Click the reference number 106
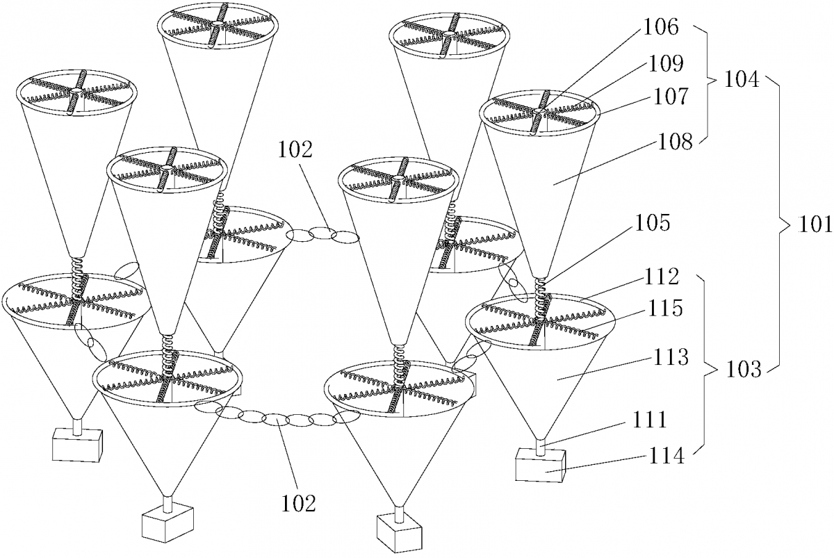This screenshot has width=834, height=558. pos(661,27)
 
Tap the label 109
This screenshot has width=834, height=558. pos(667,64)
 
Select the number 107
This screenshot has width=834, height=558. pos(669,97)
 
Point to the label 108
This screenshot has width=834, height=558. pos(675,142)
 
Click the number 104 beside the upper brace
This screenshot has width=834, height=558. pos(742,80)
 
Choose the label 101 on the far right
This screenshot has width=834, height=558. pos(815,224)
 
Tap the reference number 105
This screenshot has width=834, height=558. pos(653,222)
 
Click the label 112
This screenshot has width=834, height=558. pos(662,277)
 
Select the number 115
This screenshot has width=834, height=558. pos(665,309)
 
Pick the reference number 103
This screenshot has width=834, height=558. pos(744,370)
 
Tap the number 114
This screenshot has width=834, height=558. pos(667,456)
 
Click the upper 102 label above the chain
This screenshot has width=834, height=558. pos(295,150)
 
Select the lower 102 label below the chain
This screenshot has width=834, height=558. pos(299,504)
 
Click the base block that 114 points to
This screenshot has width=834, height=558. pos(541,466)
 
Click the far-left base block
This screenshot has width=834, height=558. pos(77,445)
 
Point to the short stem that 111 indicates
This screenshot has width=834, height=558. pos(540,445)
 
